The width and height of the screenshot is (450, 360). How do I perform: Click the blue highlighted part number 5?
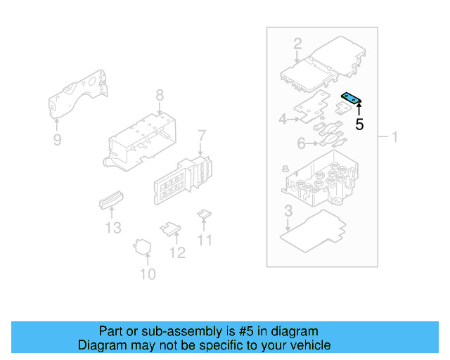tap(351, 99)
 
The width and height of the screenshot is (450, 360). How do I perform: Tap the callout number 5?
tap(359, 125)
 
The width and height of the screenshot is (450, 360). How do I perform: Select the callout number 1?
tap(394, 136)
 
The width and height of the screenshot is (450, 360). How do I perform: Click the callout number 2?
tap(297, 43)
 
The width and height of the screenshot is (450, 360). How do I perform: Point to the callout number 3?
tap(288, 211)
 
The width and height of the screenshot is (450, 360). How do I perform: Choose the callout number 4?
tap(283, 120)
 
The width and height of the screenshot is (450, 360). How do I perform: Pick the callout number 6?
tap(301, 143)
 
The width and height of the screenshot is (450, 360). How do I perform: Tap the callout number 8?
tap(160, 95)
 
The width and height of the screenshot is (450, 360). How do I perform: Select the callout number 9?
tap(57, 140)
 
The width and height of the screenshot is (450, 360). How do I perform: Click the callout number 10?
tap(148, 274)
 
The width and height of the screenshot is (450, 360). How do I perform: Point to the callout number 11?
tap(204, 240)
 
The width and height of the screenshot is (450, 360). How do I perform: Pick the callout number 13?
tap(113, 227)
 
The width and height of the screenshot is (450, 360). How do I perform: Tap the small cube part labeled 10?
tap(145, 246)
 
